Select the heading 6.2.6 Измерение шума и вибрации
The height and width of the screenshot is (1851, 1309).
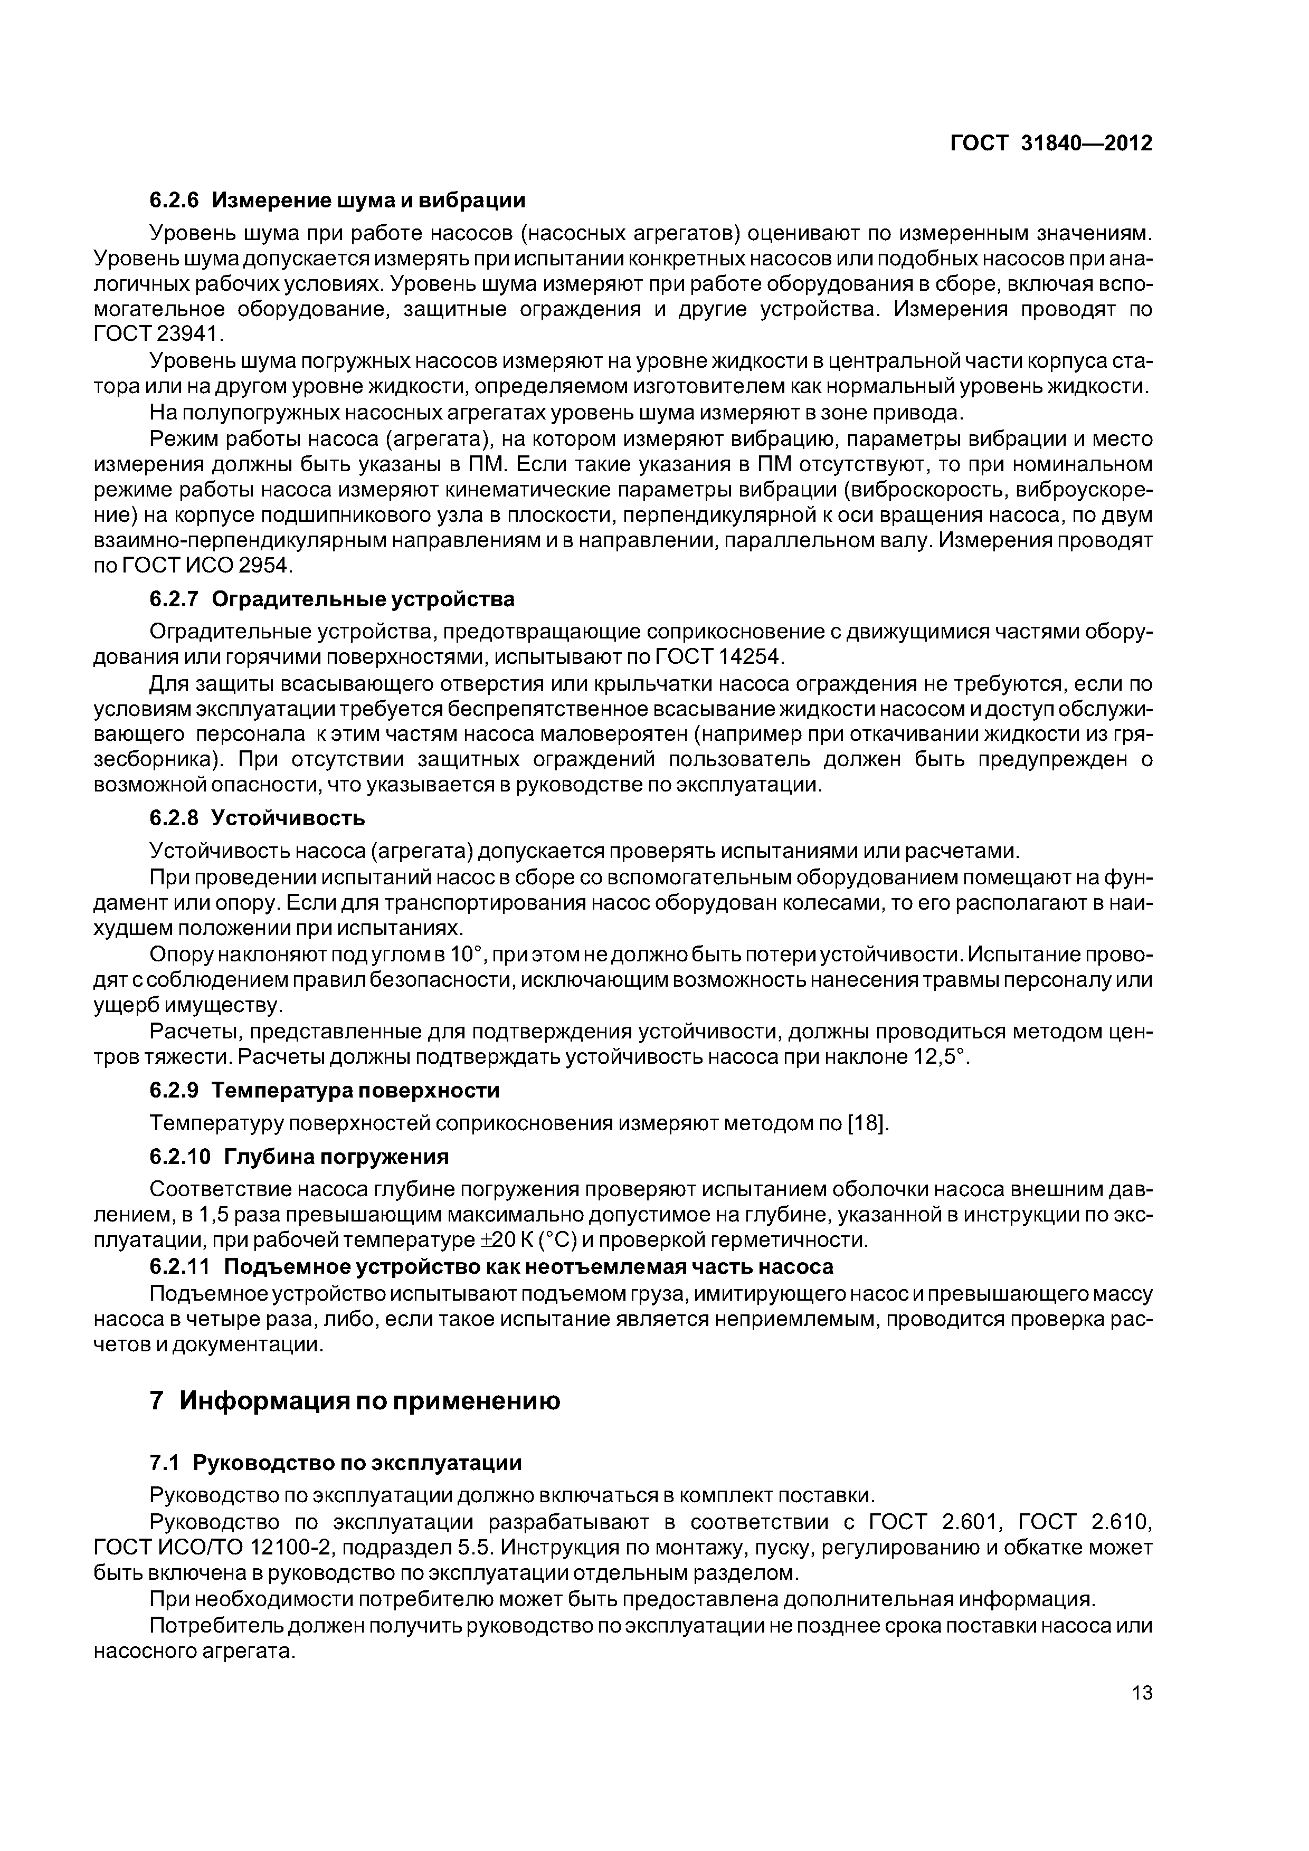coord(337,200)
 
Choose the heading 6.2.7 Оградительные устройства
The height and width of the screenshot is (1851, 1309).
coord(331,599)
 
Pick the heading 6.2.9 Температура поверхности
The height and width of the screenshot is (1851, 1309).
coord(324,1090)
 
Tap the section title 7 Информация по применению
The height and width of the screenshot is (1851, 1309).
coord(355,1401)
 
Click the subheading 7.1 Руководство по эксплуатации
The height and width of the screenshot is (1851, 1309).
coord(336,1463)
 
